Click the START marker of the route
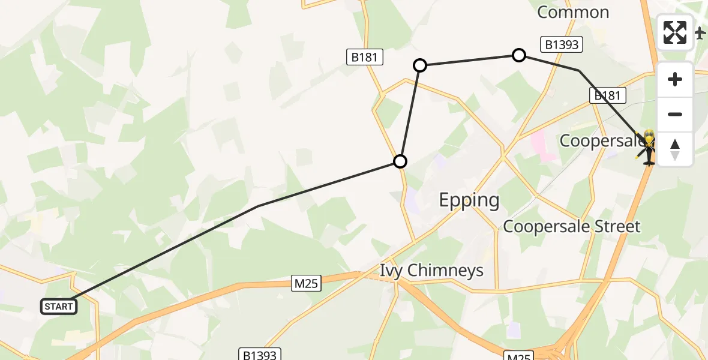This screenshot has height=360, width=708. (x=59, y=307)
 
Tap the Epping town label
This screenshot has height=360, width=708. (x=469, y=200)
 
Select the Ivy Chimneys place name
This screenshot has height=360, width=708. (x=431, y=271)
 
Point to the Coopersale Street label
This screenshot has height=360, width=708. (x=572, y=226)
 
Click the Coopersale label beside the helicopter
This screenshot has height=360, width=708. (x=600, y=140)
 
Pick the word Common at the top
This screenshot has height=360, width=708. (x=573, y=12)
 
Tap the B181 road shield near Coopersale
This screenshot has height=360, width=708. (x=608, y=95)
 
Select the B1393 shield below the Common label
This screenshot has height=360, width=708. (x=562, y=44)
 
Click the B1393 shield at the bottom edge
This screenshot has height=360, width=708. (x=259, y=354)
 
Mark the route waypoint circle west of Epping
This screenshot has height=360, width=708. (x=400, y=161)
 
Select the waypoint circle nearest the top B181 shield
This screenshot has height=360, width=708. (x=420, y=65)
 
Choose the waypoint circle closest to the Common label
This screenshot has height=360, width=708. (x=519, y=55)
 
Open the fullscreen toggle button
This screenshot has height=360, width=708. (x=675, y=32)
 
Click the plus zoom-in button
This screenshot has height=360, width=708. (x=675, y=79)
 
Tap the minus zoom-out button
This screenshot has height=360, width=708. (x=675, y=114)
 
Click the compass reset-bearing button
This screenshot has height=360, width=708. (x=675, y=149)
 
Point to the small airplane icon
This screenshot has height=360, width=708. (x=700, y=33)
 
